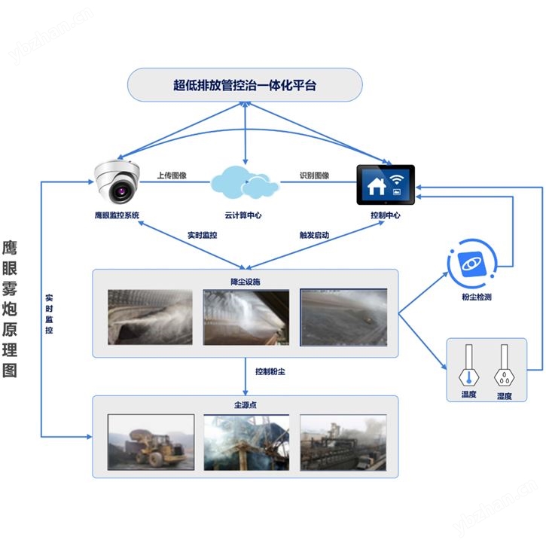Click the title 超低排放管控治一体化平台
245,85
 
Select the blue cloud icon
242,181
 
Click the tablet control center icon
385,185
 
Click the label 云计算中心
242,215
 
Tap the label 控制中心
385,215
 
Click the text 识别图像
315,175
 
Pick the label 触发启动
315,235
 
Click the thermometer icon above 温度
469,366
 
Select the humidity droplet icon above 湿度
504,366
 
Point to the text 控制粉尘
270,371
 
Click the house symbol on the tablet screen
374,183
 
